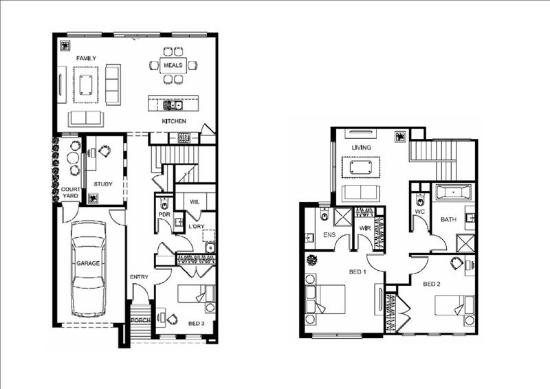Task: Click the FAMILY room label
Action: (x=86, y=58)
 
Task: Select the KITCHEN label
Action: (x=175, y=122)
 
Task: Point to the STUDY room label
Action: (x=103, y=184)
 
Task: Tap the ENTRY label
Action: (x=139, y=277)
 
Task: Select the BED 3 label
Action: (x=196, y=323)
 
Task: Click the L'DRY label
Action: (x=197, y=226)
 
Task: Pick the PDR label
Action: (x=164, y=214)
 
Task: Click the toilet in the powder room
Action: (x=164, y=203)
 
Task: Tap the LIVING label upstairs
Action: (x=362, y=148)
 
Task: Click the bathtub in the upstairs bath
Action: (x=451, y=192)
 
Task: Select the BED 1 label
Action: (x=357, y=273)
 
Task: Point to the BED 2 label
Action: (x=431, y=284)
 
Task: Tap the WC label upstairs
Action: (x=419, y=213)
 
